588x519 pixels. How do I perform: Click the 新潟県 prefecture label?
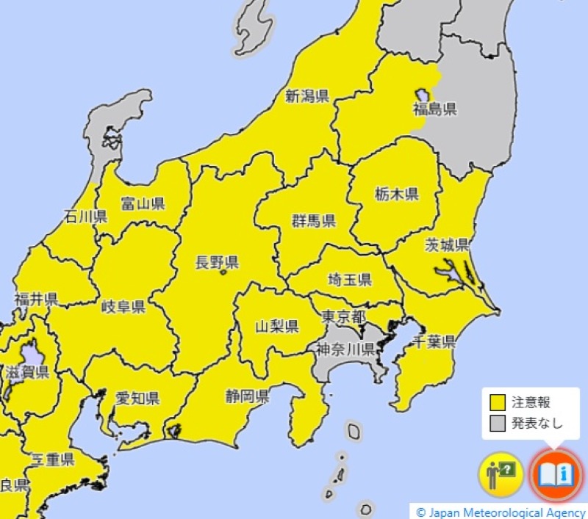tap(307, 96)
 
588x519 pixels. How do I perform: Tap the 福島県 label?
tap(434, 109)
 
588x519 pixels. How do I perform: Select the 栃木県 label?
tap(396, 195)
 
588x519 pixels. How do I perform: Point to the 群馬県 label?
tap(314, 220)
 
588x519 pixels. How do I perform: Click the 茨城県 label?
tap(447, 244)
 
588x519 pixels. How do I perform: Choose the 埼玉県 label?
tap(349, 280)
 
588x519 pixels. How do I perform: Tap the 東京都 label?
tap(344, 316)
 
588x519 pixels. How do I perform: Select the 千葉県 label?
tap(434, 341)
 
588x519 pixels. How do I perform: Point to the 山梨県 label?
tap(276, 325)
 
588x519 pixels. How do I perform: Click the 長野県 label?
tap(216, 262)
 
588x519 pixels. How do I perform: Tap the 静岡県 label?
tap(247, 397)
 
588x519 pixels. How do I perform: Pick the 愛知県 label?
tap(137, 399)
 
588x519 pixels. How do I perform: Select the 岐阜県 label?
tap(123, 306)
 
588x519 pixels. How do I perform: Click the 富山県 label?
tap(143, 203)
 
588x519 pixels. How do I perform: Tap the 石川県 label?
tap(85, 216)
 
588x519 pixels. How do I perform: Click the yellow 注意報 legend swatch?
tap(498, 402)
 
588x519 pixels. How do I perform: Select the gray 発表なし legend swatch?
tap(498, 422)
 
